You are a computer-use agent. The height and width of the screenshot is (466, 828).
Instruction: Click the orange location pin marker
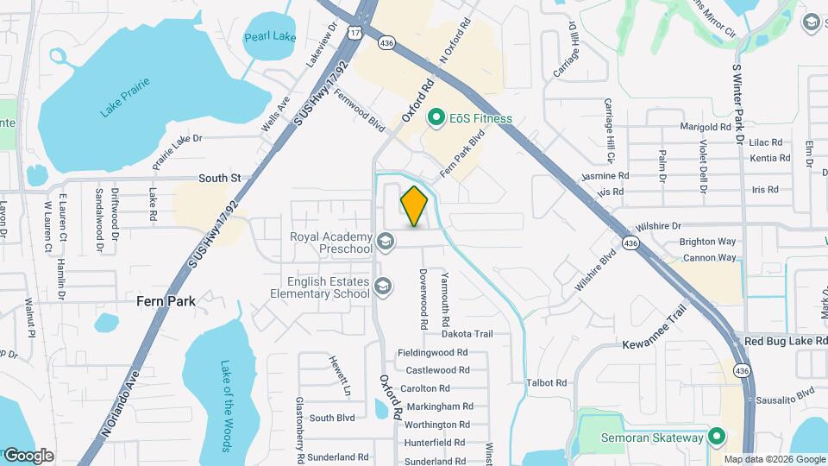pos(415,205)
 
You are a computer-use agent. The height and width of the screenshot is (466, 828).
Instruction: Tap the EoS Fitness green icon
pos(436,117)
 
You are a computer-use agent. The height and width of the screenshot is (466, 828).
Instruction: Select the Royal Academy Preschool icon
pos(385,242)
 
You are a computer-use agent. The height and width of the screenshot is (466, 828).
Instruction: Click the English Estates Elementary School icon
pos(383,287)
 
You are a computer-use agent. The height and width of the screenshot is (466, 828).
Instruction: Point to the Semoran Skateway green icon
pos(716,438)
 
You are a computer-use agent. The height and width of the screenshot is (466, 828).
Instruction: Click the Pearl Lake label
pos(270,36)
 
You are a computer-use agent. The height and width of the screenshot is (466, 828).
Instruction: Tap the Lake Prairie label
pos(125,97)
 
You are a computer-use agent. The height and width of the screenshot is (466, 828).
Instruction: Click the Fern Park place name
pos(166,301)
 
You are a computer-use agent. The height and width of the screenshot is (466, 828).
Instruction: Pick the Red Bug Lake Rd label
pos(784,342)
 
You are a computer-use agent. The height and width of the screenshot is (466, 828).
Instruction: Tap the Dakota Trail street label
pos(467,334)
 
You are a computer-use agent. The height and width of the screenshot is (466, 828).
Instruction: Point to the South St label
pos(219,178)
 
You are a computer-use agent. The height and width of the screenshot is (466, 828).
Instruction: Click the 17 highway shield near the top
pos(356,32)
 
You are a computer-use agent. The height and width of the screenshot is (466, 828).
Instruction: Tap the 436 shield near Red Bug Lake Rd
pos(741,369)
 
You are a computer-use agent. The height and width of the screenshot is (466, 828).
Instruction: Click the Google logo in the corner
pos(28,455)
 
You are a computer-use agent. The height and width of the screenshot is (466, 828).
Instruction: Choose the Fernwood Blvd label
pos(359,110)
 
